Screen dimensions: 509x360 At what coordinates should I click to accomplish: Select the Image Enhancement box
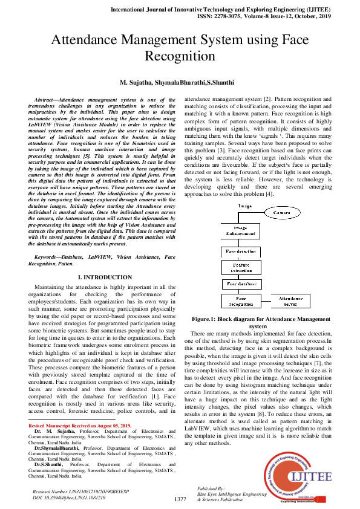tap(241, 231)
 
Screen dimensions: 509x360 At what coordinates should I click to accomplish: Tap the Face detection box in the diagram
tap(241, 250)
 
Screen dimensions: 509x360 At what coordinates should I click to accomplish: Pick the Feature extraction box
tap(241, 267)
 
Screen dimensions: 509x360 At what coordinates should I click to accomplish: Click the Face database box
tap(241, 283)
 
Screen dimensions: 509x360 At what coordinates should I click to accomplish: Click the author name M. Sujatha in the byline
tap(136, 81)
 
